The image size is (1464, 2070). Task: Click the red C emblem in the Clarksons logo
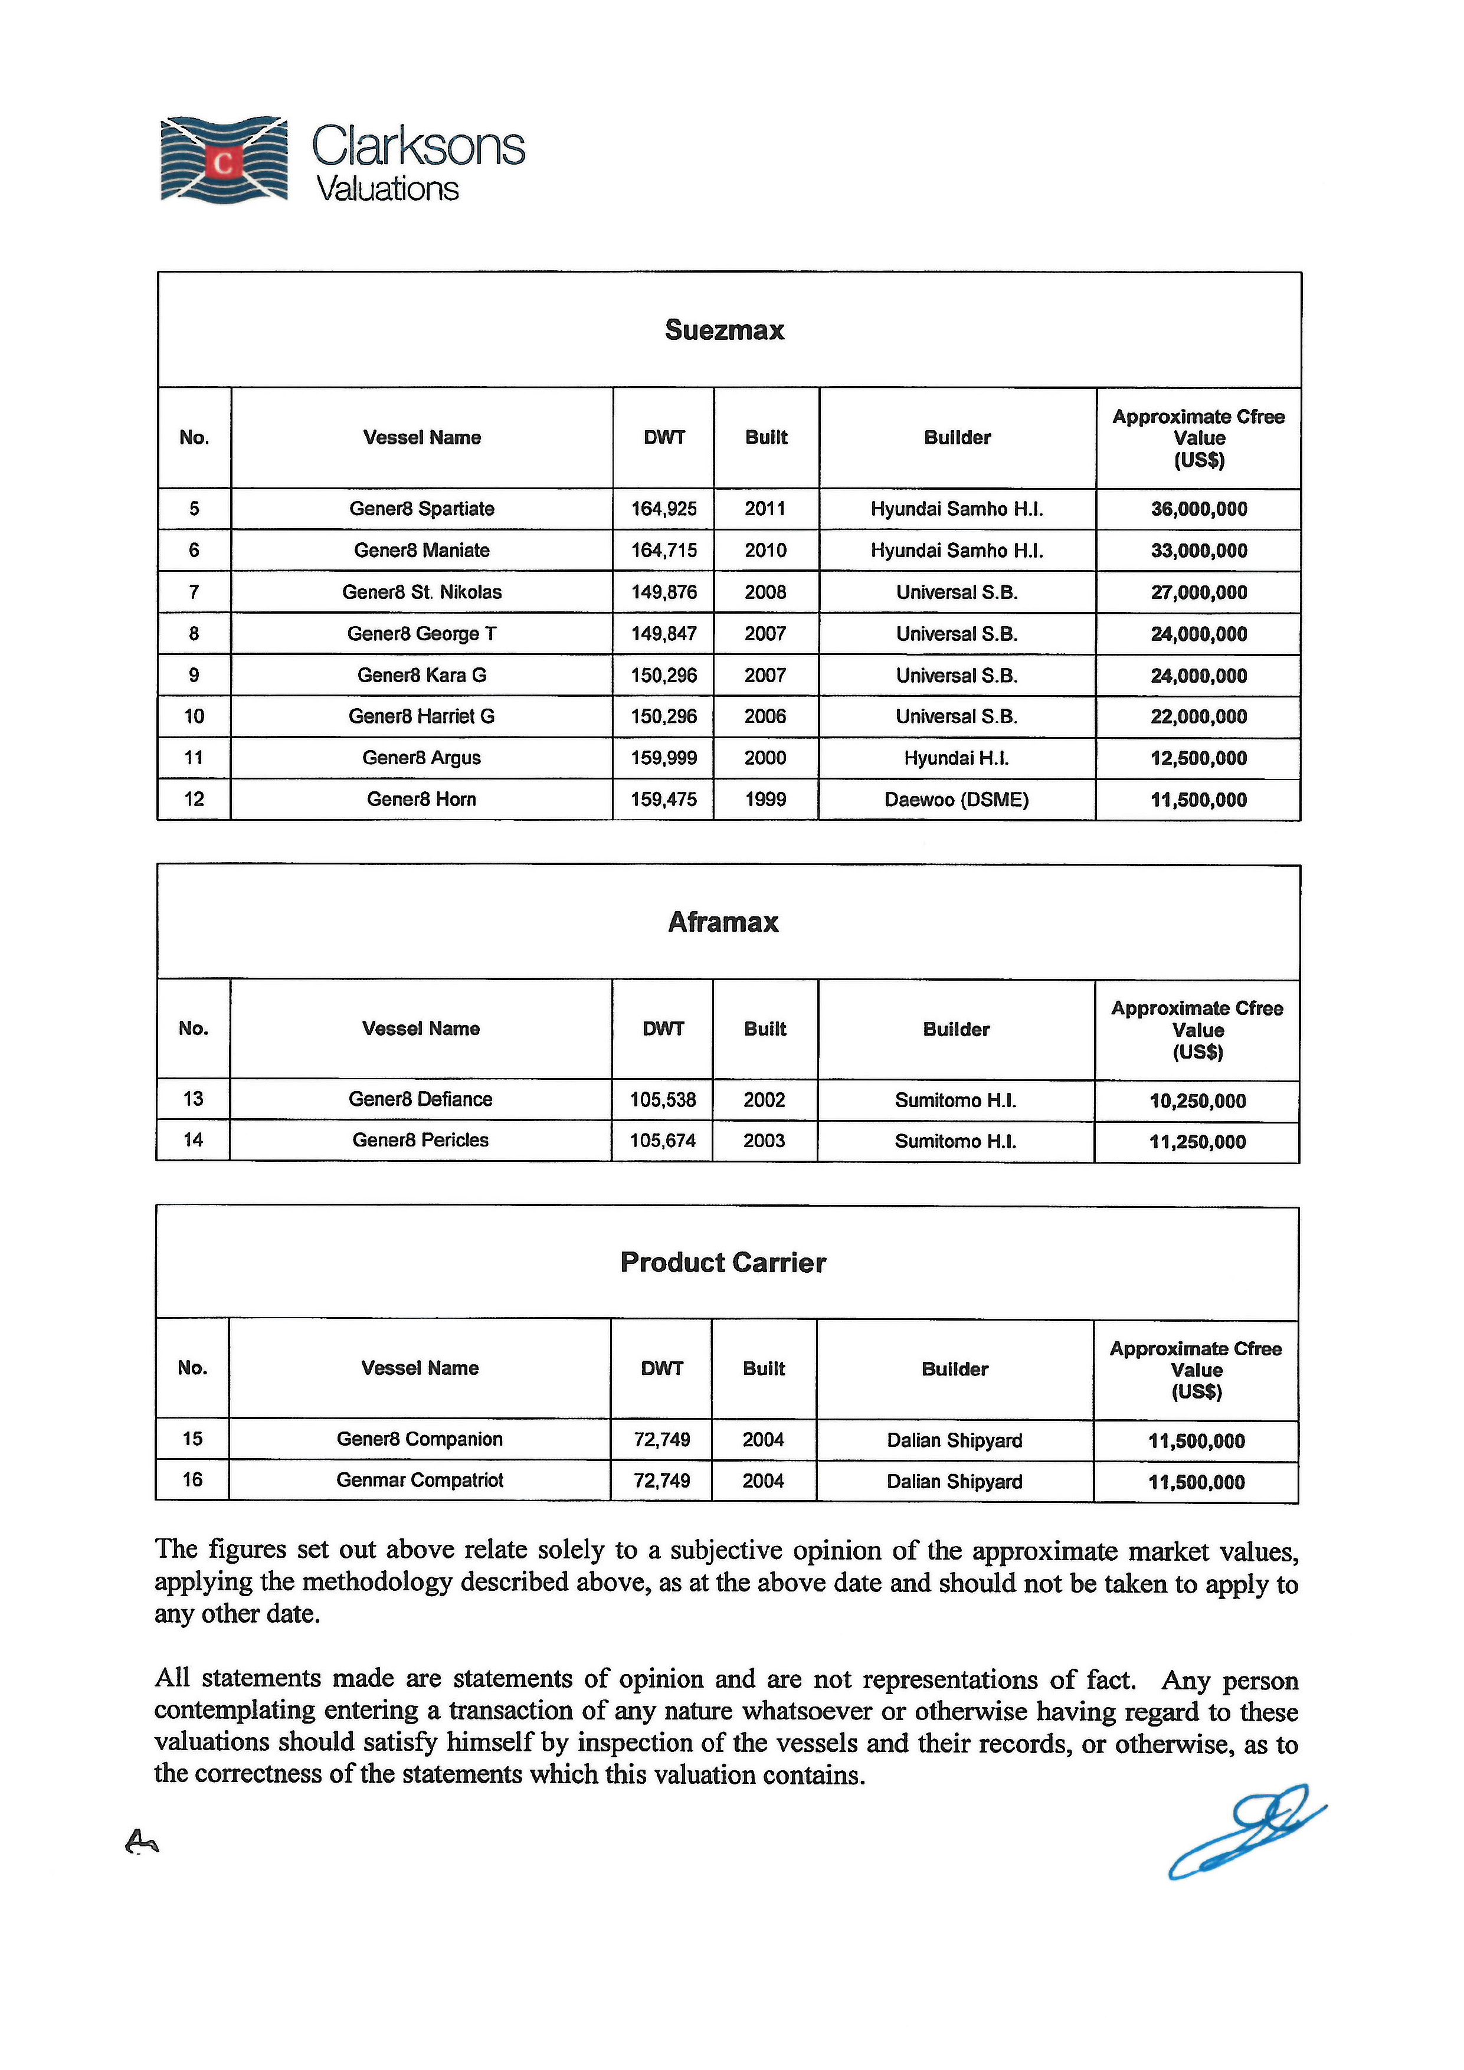click(224, 163)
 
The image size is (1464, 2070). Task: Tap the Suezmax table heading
click(725, 330)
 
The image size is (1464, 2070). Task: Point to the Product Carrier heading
click(723, 1262)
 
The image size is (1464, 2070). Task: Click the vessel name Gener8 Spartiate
click(422, 509)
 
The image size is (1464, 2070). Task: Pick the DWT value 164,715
click(663, 550)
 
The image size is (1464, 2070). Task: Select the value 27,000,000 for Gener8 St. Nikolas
click(1199, 592)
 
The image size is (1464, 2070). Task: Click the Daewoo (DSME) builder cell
click(957, 800)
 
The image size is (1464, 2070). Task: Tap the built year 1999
click(765, 800)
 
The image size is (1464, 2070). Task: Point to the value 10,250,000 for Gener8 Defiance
click(1198, 1101)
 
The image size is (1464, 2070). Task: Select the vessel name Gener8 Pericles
click(420, 1141)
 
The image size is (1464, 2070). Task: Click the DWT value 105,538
click(663, 1100)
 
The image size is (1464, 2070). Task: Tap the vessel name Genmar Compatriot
click(420, 1481)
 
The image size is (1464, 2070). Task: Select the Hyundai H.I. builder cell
click(957, 758)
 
